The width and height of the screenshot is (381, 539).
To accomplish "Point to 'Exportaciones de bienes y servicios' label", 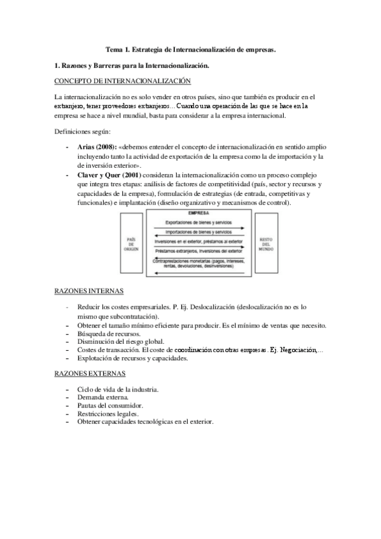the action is click(198, 222).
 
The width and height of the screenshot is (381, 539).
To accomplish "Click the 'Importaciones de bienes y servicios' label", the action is click(198, 232).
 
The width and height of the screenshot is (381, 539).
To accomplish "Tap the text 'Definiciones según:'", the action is click(83, 132).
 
